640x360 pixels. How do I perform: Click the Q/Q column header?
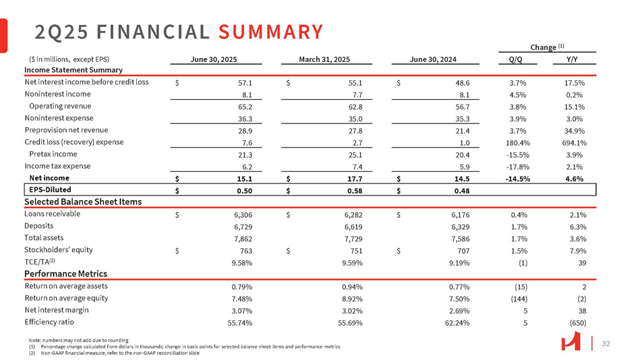518,59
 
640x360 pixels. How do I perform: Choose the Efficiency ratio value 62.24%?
465,323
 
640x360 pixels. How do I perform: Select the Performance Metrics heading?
66,274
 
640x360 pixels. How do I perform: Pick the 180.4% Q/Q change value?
518,143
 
